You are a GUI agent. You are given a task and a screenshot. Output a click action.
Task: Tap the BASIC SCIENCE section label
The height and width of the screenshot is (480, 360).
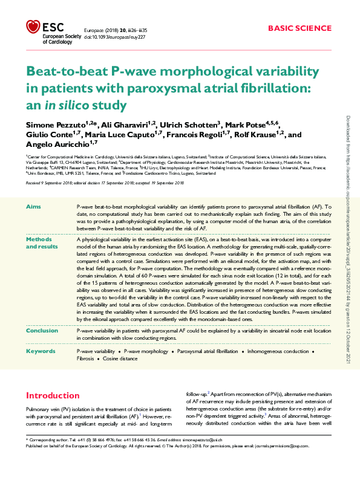click(x=299, y=28)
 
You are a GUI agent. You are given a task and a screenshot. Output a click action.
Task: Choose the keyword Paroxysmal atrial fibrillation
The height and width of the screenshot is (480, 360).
click(x=207, y=351)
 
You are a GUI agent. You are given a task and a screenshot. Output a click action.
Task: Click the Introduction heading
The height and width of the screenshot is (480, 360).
click(x=53, y=395)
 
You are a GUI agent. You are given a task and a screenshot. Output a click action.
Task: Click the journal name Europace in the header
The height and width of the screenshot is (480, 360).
click(x=95, y=28)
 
